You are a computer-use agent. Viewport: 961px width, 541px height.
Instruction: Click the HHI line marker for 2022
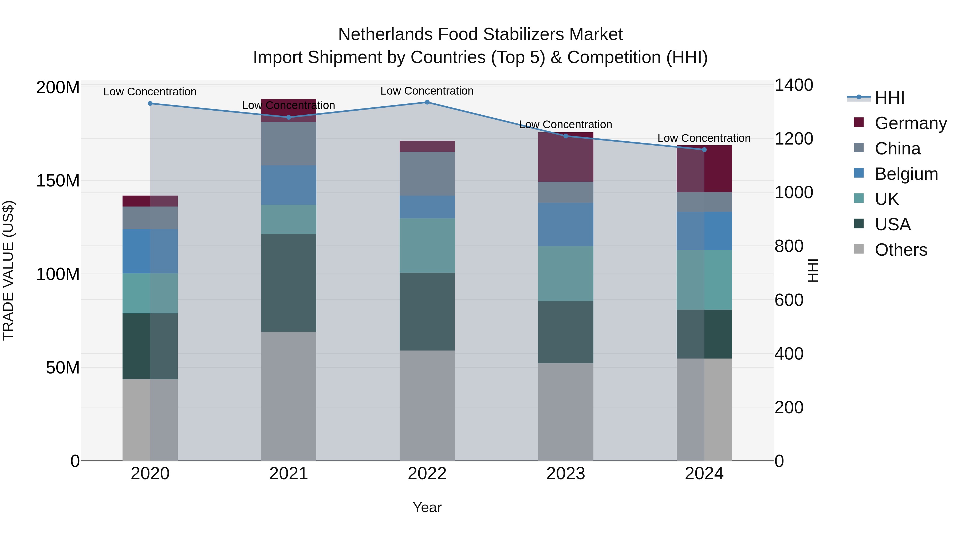click(427, 102)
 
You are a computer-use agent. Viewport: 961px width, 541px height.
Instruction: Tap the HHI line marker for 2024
click(704, 150)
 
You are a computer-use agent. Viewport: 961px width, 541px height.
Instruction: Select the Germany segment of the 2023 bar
click(566, 157)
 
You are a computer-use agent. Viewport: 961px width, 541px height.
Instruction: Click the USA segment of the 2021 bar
click(288, 283)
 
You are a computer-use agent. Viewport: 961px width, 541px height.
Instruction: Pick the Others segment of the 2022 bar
click(427, 406)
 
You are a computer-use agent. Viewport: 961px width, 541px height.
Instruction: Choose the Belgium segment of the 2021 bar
click(288, 185)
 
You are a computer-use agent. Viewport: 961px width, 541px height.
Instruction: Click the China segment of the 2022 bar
click(427, 174)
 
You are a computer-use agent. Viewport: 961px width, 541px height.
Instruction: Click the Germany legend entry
click(910, 123)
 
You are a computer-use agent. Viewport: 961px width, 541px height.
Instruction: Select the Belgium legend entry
click(906, 174)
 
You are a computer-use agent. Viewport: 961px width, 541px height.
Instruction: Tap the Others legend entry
click(901, 250)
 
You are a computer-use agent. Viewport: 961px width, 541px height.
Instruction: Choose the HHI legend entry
click(889, 98)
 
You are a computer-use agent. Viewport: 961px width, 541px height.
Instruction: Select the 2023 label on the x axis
click(566, 474)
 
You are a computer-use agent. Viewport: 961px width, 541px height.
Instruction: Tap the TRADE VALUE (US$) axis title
click(8, 270)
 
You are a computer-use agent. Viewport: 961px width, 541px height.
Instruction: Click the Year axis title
click(427, 507)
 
